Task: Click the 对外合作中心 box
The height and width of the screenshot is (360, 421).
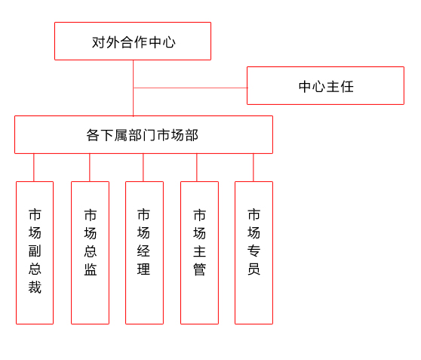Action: coord(133,41)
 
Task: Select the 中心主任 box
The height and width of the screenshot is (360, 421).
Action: coord(325,86)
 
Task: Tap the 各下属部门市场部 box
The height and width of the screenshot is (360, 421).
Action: coord(143,134)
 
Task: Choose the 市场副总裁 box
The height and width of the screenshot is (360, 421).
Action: coord(35,253)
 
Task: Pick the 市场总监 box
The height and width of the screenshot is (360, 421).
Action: coord(90,253)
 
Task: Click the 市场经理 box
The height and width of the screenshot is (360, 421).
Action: coord(144,253)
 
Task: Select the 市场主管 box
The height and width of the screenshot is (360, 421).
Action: coord(199,253)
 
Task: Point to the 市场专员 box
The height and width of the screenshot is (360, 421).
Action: coord(254,253)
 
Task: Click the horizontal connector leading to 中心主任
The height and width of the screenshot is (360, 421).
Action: coord(190,88)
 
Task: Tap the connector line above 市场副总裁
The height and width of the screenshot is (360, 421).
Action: coord(34,168)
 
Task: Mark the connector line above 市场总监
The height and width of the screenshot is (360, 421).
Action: coord(90,168)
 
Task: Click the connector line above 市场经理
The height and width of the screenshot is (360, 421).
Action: coord(143,168)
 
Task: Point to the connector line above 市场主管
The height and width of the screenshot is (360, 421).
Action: coord(197,168)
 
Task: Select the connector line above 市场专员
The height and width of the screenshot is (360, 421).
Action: coord(254,168)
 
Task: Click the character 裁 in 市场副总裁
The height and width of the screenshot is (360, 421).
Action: coord(35,287)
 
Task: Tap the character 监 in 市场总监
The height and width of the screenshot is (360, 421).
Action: coord(91,269)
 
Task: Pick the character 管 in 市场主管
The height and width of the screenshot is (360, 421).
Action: coord(199,269)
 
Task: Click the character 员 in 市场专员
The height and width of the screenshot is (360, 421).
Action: coord(254,269)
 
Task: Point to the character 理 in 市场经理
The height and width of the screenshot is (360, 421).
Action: coord(143,269)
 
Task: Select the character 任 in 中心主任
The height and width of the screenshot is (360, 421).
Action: coord(347,87)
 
